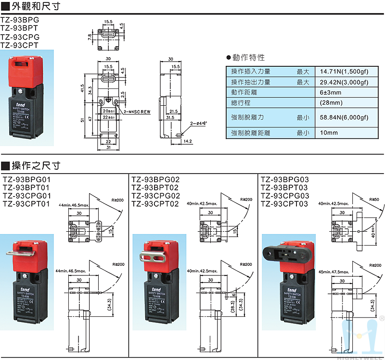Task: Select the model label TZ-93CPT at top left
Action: pos(20,45)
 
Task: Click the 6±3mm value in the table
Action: pos(331,92)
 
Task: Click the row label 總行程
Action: pos(241,103)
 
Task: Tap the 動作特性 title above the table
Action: pos(248,57)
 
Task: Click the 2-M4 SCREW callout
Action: pos(137,112)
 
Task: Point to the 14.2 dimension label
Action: pos(188,141)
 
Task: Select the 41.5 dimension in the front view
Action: pos(83,89)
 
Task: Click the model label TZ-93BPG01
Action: pos(26,180)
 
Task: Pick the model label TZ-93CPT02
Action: pos(155,203)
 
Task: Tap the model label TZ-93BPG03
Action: pos(284,180)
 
